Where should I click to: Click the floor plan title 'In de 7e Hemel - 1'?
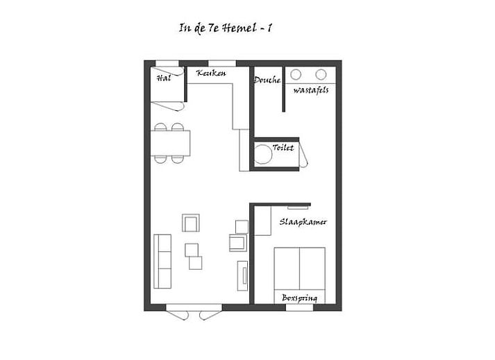tap(226, 28)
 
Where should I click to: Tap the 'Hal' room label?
tap(164, 78)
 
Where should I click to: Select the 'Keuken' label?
tap(211, 74)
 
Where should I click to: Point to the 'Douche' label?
tap(267, 80)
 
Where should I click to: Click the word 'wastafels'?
tap(310, 90)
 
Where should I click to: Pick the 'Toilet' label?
tap(283, 147)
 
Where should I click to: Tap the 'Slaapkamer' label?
tap(303, 222)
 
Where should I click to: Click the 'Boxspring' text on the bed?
tap(299, 298)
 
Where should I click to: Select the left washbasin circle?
tap(296, 74)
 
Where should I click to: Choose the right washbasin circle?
tap(321, 74)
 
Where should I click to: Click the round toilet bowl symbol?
tap(262, 154)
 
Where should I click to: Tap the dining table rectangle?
tap(171, 143)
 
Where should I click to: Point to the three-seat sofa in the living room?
tap(162, 262)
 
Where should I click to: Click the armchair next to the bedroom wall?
tap(238, 243)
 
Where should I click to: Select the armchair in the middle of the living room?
tap(191, 223)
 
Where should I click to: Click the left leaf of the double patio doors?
tap(178, 314)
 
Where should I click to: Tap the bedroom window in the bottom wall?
tap(300, 307)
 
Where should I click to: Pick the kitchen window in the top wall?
tap(222, 63)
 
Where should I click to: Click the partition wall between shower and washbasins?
tap(283, 89)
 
